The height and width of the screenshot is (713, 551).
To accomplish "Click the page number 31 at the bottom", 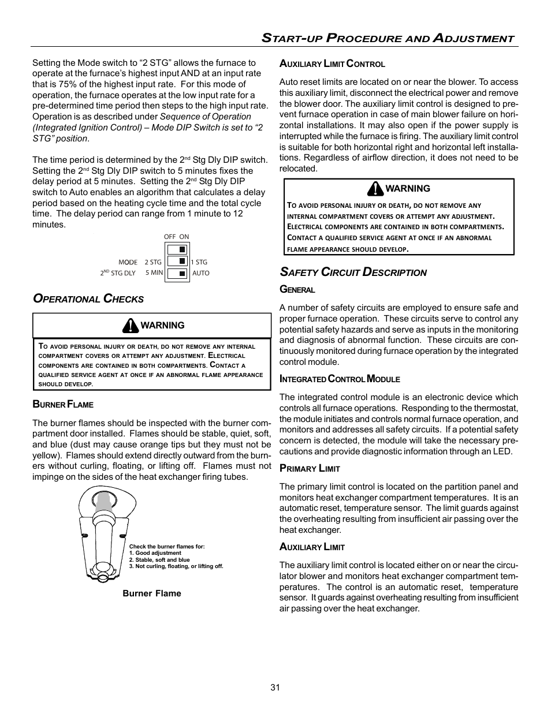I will [x=275, y=687].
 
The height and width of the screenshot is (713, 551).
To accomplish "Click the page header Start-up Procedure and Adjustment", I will [x=388, y=39].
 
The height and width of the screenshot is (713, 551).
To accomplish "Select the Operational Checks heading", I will [x=88, y=299].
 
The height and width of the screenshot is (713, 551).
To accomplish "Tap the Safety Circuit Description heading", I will [x=353, y=272].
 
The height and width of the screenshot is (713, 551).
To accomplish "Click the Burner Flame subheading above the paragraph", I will [x=63, y=404].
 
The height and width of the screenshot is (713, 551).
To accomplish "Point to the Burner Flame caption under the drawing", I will [x=151, y=593].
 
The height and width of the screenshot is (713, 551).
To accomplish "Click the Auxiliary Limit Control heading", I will [x=332, y=64].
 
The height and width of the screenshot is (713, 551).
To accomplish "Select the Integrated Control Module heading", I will [x=340, y=379].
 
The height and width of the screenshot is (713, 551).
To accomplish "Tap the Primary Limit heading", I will [x=310, y=469].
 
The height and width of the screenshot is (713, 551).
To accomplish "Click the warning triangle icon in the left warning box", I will [x=131, y=326].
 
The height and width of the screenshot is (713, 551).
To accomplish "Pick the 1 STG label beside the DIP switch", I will [x=199, y=262].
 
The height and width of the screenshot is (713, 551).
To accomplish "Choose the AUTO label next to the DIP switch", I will [x=201, y=273].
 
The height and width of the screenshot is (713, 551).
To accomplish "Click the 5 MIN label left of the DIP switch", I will [x=154, y=272].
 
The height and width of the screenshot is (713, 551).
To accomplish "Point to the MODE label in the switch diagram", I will [x=128, y=262].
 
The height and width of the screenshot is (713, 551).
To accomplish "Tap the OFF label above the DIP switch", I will [x=170, y=237].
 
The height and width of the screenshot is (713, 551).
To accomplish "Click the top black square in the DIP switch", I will [x=182, y=249].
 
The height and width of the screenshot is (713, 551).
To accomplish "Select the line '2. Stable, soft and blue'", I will [x=159, y=559].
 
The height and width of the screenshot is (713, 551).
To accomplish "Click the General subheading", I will [x=297, y=290].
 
